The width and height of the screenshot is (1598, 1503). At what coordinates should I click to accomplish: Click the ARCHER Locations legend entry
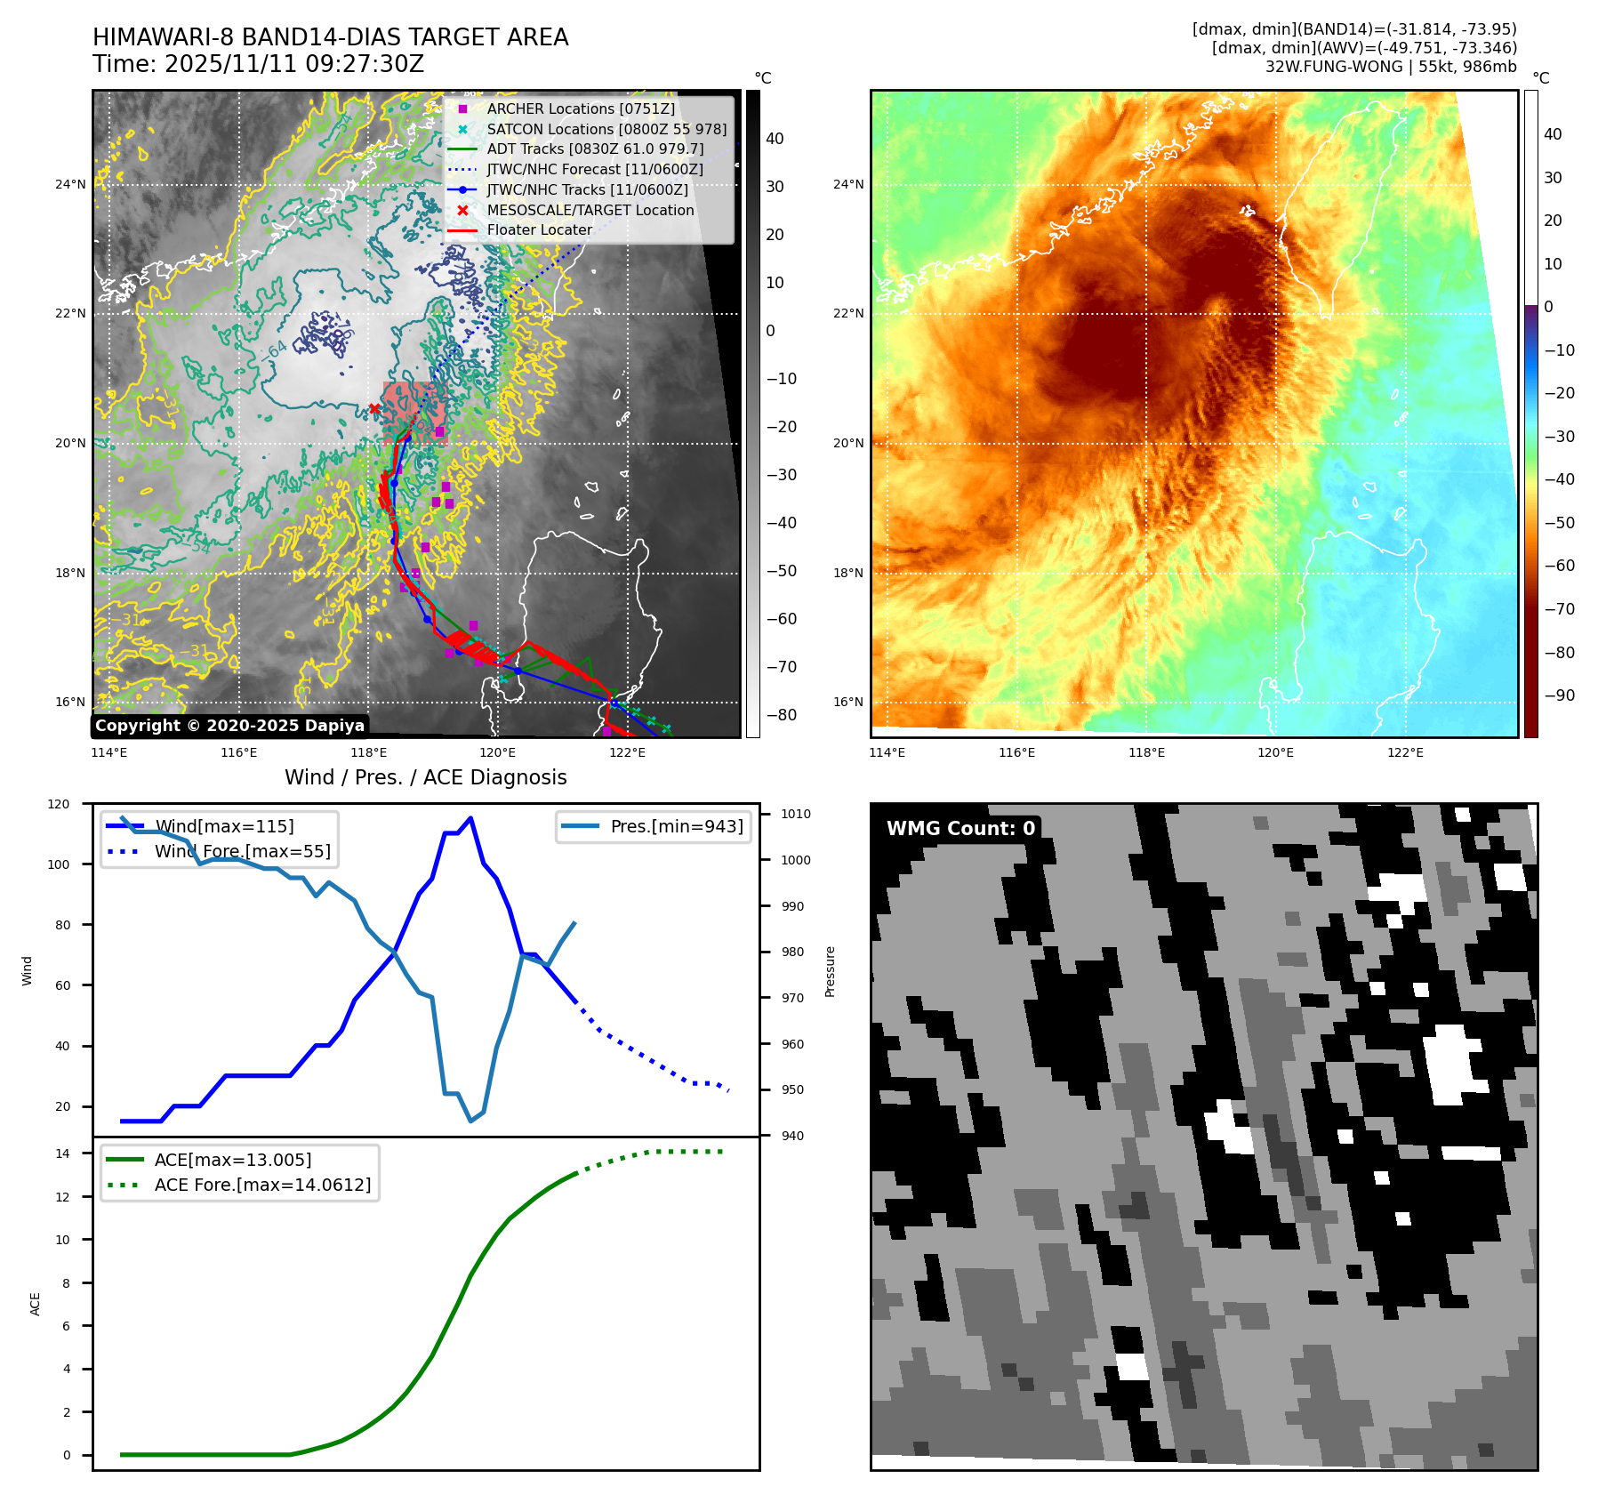[x=581, y=109]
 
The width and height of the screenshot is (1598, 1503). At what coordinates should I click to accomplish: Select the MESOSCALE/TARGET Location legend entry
[x=590, y=210]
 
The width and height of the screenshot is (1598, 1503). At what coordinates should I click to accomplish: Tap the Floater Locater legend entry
[x=539, y=229]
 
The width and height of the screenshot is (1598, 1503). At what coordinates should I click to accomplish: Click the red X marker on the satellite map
[x=374, y=409]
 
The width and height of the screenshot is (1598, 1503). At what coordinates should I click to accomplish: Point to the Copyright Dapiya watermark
[x=229, y=726]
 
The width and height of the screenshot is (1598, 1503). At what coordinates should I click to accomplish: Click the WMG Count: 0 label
[x=960, y=828]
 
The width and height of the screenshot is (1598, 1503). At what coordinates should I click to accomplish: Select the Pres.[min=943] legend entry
[x=676, y=826]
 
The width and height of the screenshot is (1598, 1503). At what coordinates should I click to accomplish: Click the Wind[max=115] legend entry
[x=224, y=826]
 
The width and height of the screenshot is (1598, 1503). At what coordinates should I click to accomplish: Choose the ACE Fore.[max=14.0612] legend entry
[x=262, y=1185]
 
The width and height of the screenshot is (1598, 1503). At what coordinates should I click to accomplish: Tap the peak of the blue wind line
[x=470, y=817]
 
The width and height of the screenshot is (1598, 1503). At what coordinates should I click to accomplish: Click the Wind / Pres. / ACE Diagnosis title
[x=425, y=777]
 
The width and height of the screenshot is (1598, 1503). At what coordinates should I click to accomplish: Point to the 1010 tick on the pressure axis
[x=795, y=814]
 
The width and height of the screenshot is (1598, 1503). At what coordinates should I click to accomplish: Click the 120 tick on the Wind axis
[x=59, y=804]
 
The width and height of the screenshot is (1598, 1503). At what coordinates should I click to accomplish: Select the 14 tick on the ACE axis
[x=62, y=1153]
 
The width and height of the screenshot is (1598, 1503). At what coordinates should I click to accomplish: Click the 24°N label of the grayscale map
[x=70, y=185]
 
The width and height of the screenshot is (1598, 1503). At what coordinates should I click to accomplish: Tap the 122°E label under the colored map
[x=1405, y=752]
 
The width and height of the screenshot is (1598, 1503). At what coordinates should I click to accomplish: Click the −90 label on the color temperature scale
[x=1559, y=695]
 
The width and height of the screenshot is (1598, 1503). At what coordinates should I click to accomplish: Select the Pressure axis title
[x=830, y=971]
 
